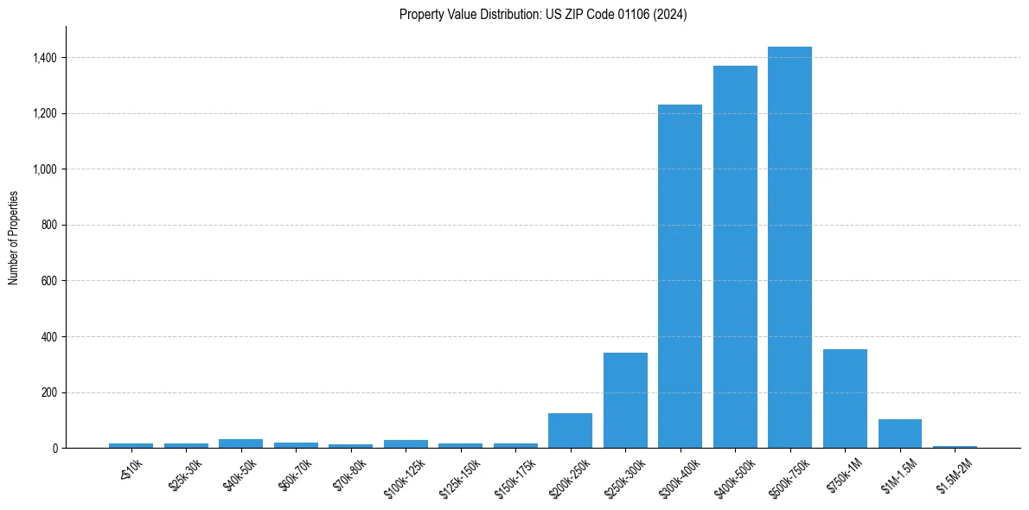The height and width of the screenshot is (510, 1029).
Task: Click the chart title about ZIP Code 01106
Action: [x=543, y=15]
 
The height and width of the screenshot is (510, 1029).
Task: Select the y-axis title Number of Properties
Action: [x=14, y=238]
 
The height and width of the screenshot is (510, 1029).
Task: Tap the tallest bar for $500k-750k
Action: [x=789, y=247]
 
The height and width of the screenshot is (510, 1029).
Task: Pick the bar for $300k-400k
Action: [x=680, y=277]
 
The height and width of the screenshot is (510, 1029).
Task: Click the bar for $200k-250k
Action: [x=570, y=430]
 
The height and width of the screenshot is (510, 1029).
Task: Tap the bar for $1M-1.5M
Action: [x=899, y=433]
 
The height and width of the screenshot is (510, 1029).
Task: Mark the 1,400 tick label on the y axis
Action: [x=44, y=58]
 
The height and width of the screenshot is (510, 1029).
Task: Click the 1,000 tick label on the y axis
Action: [x=44, y=169]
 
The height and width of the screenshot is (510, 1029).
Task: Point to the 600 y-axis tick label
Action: [x=49, y=281]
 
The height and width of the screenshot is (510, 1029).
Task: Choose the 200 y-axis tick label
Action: [x=49, y=392]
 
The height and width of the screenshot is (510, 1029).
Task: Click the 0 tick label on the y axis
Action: [x=54, y=449]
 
